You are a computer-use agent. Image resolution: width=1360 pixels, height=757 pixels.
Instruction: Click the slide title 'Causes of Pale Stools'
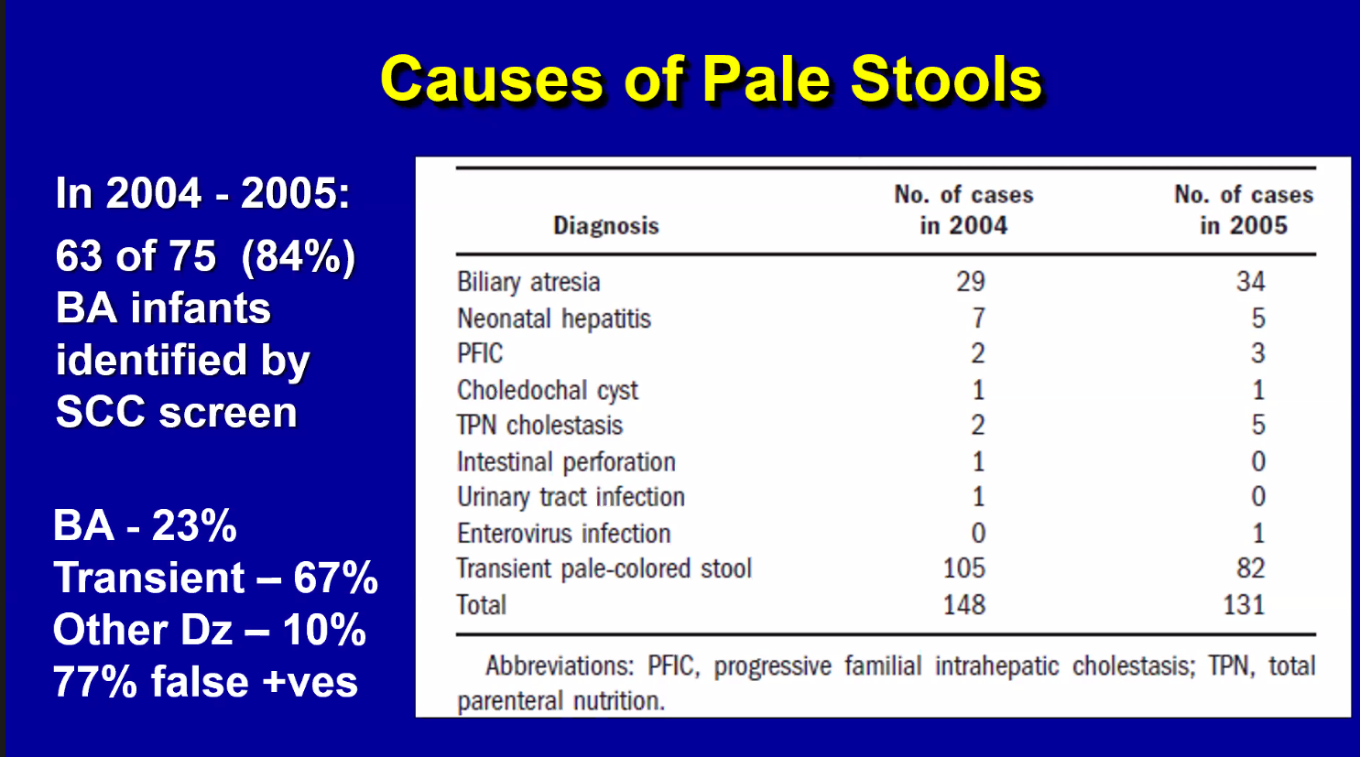coord(711,80)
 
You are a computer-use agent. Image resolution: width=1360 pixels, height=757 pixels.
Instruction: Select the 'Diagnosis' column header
coord(606,226)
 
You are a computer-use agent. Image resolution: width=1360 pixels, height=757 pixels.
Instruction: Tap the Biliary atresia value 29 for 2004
coord(971,282)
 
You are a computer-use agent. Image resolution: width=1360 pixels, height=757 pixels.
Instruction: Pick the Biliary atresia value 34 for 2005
coord(1251,282)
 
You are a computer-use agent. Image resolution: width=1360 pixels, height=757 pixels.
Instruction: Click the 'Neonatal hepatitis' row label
coord(554,319)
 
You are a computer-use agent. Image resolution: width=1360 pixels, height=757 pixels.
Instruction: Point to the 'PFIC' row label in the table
coord(480,353)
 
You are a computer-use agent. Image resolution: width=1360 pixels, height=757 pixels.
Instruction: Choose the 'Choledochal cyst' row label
coord(548,390)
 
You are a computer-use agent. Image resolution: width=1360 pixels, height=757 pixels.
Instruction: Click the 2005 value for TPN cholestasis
coord(1258,425)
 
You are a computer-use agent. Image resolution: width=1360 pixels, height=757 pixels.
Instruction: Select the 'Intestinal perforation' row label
coord(566,462)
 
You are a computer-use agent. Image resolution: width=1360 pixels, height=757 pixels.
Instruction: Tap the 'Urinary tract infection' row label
coord(571,497)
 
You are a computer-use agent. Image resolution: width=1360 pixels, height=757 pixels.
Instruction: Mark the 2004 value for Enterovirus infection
coord(978,533)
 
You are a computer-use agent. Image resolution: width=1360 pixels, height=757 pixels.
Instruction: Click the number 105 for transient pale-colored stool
coord(964,568)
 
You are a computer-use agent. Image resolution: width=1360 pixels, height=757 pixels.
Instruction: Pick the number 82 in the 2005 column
coord(1251,568)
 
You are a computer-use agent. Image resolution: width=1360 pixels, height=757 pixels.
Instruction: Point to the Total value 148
coord(964,605)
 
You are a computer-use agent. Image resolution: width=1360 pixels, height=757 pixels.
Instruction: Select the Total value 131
coord(1244,605)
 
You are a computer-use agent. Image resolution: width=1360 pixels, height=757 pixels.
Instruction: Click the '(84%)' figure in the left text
coord(299,257)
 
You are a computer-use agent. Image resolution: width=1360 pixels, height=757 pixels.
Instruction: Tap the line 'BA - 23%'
coord(145,525)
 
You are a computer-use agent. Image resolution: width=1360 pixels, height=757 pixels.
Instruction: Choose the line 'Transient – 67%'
coord(215,578)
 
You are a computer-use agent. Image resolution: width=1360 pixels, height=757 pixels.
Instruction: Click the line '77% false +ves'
coord(205,682)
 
